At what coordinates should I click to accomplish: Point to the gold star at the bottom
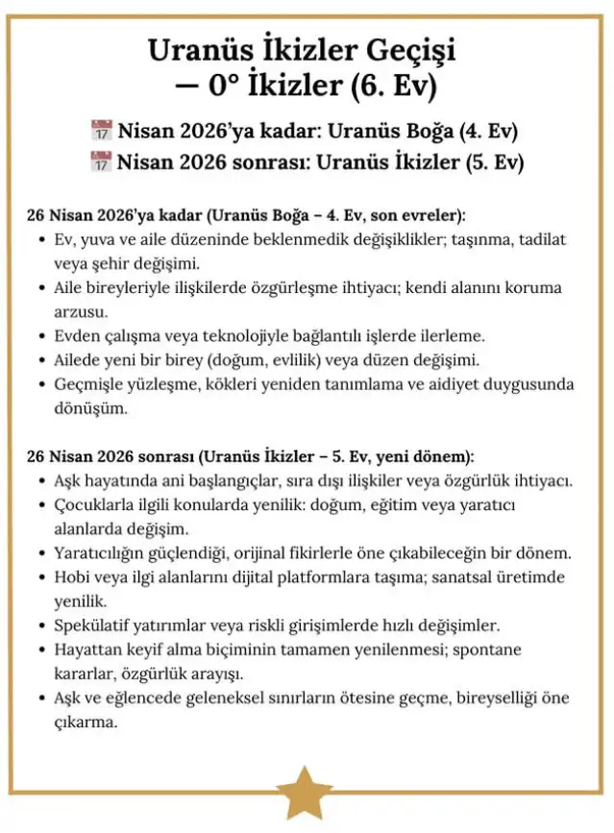click(x=307, y=792)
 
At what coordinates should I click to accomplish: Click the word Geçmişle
click(x=88, y=385)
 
